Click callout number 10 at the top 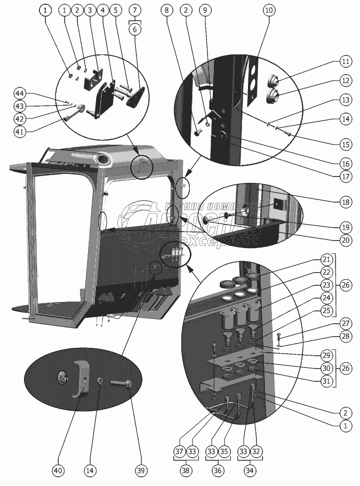[268, 10]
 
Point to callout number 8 [169, 10]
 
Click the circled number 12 [346, 81]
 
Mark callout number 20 [346, 241]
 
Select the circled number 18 [346, 202]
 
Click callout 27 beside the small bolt [346, 324]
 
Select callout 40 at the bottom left [58, 471]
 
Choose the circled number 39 [140, 471]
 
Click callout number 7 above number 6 [135, 10]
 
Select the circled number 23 [326, 285]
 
